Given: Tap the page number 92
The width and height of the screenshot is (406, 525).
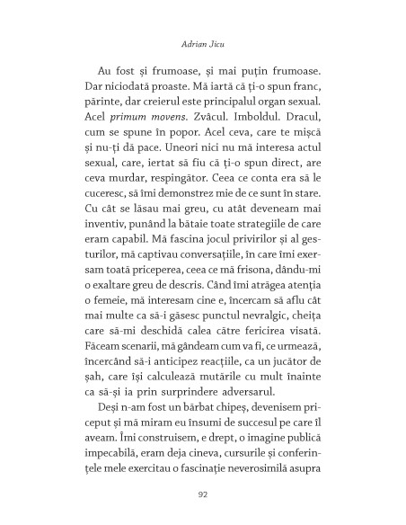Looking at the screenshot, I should pos(202,493).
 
